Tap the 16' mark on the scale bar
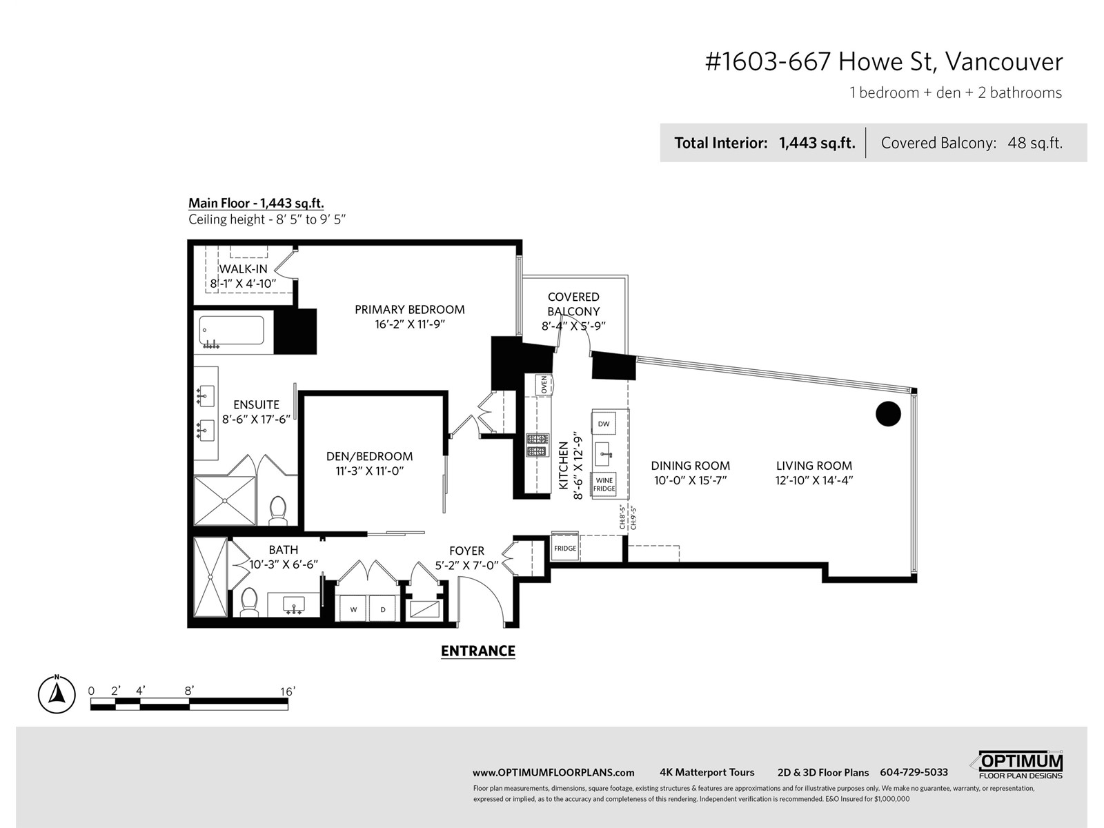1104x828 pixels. coord(287,691)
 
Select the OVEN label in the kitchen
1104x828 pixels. coord(544,385)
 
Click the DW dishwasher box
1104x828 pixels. coord(604,424)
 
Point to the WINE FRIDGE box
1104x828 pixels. coord(604,484)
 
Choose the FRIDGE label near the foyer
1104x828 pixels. coord(565,548)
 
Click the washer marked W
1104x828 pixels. coord(353,609)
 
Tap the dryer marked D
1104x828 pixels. coord(383,609)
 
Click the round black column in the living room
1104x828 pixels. coord(888,414)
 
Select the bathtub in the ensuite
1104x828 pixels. coord(232,331)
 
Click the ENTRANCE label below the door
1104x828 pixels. coord(477,651)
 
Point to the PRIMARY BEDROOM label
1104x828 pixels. coord(409,309)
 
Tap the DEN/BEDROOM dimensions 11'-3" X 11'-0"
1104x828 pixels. coord(370,471)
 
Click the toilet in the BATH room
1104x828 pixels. coord(250,602)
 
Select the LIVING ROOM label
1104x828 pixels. coord(814,466)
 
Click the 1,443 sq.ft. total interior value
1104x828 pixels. coord(817,144)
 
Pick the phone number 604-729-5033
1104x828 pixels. coord(914,772)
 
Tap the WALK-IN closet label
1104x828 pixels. coord(243,269)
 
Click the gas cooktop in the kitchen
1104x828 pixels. coord(537,445)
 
